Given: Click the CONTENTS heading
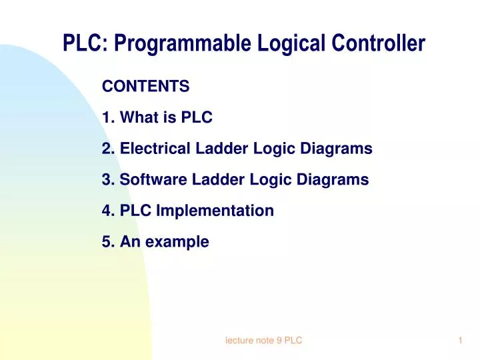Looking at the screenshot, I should tap(145, 87).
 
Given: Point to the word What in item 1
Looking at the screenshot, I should tap(139, 118).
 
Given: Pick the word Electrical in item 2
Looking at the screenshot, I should tap(151, 149).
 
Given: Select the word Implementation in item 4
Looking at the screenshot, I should tap(215, 211).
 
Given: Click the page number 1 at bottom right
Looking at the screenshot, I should tap(460, 341).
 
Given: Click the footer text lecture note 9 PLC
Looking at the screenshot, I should tap(264, 341).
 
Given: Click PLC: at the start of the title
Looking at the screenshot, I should tap(85, 44).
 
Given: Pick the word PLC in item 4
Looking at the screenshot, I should tap(135, 211).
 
